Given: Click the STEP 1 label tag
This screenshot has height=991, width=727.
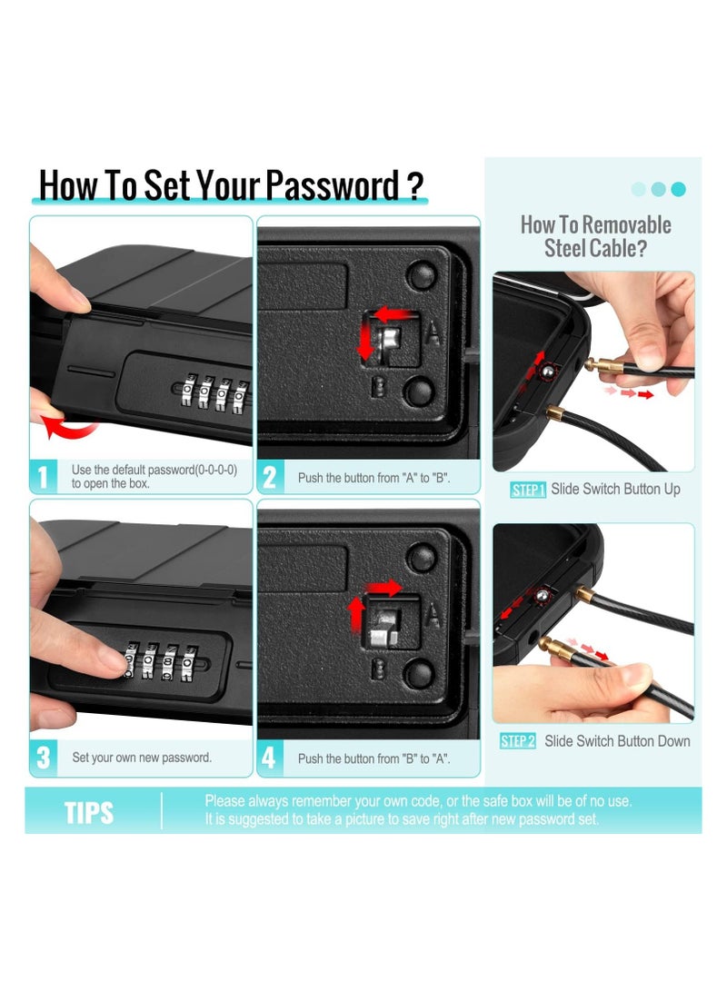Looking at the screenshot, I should [528, 491].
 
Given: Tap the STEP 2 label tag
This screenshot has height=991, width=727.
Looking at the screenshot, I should [518, 741].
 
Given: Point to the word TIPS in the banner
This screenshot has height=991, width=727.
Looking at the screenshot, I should [89, 812].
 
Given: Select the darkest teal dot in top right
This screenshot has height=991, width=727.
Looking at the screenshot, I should [678, 189].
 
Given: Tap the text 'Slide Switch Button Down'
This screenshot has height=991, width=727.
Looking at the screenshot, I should [617, 741].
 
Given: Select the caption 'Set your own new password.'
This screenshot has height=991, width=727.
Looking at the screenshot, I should [142, 758].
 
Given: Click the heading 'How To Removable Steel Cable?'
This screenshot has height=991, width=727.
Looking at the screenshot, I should [595, 236].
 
